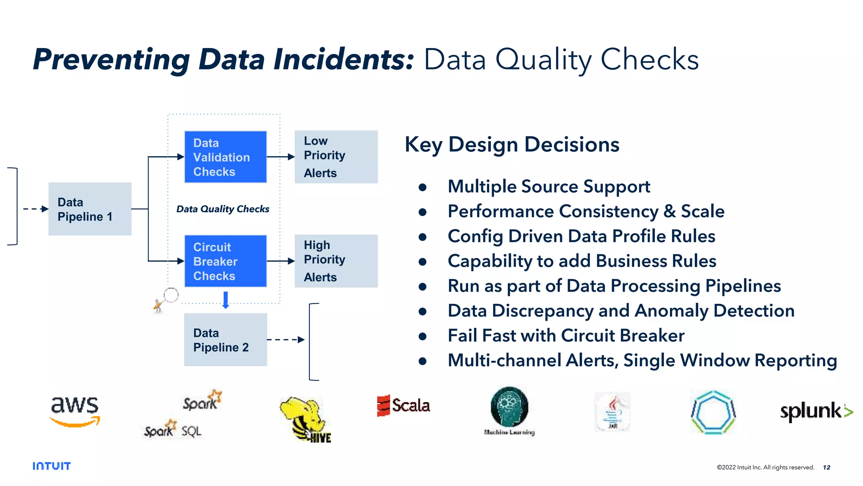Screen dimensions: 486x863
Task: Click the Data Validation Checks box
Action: pyautogui.click(x=225, y=157)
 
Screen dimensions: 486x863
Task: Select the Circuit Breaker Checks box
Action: pyautogui.click(x=225, y=261)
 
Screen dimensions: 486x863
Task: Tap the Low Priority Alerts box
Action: pyautogui.click(x=336, y=157)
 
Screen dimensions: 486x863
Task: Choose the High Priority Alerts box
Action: pyautogui.click(x=336, y=261)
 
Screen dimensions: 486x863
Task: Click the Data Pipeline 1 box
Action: pyautogui.click(x=90, y=209)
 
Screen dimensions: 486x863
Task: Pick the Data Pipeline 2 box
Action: pyautogui.click(x=225, y=340)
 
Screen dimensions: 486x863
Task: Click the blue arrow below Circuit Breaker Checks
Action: pyautogui.click(x=225, y=300)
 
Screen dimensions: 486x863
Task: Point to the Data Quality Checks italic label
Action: pyautogui.click(x=222, y=209)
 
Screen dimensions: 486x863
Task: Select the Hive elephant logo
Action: pyautogui.click(x=306, y=419)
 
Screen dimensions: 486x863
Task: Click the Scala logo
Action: pyautogui.click(x=403, y=405)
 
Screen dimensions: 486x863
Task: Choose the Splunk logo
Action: pyautogui.click(x=816, y=411)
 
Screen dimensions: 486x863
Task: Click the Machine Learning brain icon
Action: pyautogui.click(x=509, y=407)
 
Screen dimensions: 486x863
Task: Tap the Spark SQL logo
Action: pyautogui.click(x=173, y=430)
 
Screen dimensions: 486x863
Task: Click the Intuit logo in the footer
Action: pyautogui.click(x=51, y=466)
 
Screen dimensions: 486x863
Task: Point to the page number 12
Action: pyautogui.click(x=826, y=467)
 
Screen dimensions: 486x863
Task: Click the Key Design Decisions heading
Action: pyautogui.click(x=512, y=145)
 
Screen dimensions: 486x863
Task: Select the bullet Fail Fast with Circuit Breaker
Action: pyautogui.click(x=566, y=336)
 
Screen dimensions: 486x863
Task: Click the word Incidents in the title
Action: pyautogui.click(x=344, y=59)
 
